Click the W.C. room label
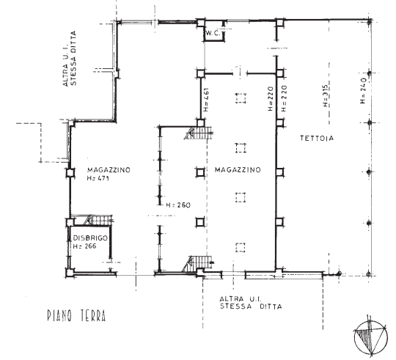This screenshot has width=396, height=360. pos(213,33)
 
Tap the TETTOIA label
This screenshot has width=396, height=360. pos(317,138)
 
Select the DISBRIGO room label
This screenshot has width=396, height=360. pos(90,238)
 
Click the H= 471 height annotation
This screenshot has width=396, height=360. pos(98,178)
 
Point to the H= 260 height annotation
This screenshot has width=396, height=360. pos(178,205)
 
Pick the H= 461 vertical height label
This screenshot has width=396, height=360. pos(206,100)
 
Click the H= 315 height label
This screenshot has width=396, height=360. pos(326,95)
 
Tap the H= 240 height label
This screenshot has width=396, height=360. pos(363,91)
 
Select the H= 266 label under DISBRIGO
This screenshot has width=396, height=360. pos(84,246)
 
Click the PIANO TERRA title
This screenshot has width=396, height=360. pos(76,315)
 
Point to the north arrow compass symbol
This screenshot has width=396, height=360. pos(370,337)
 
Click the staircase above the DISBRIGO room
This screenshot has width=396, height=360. pos(99,220)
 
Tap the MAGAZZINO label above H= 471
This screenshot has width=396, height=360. pos(109,170)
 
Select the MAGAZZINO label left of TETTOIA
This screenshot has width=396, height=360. pos(238,169)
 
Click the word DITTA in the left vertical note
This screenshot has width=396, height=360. pos(73,43)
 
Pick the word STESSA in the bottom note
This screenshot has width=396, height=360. pos(236,306)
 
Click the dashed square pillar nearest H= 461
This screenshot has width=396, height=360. pos(241,98)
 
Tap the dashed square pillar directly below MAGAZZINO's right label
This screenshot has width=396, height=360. pos(241,197)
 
